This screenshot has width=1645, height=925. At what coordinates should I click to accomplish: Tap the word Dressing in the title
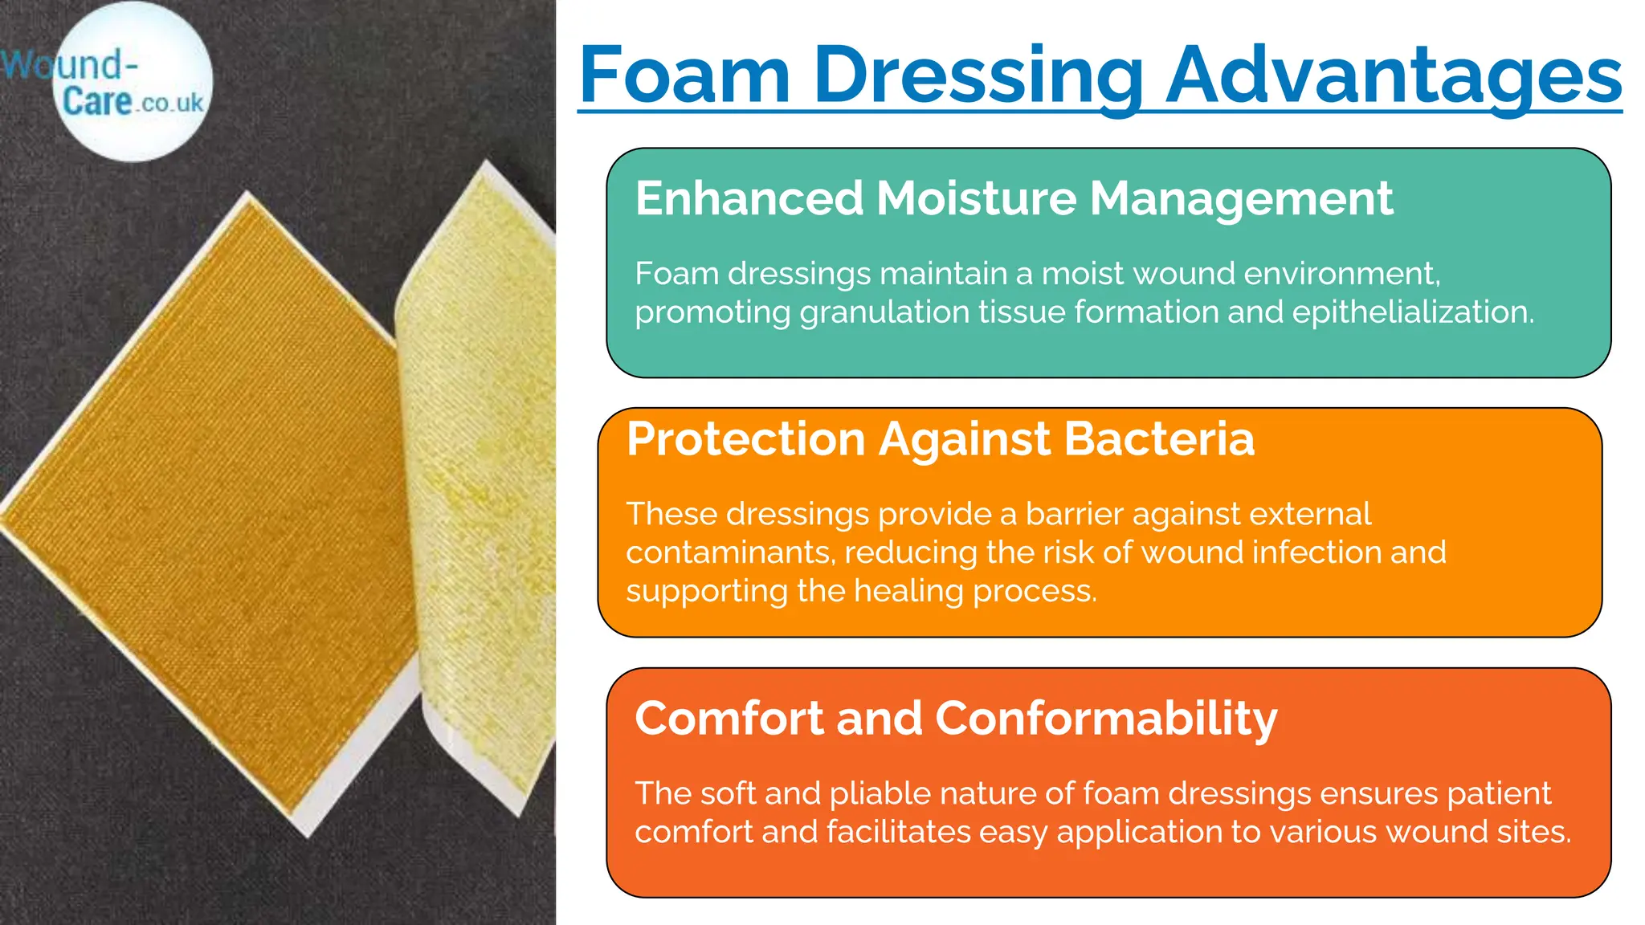[x=978, y=77]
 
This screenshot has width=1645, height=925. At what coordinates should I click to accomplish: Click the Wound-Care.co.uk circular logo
[x=133, y=83]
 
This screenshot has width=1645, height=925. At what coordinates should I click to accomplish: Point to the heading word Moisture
[x=976, y=198]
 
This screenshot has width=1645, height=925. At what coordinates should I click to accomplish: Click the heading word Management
[x=1241, y=199]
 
